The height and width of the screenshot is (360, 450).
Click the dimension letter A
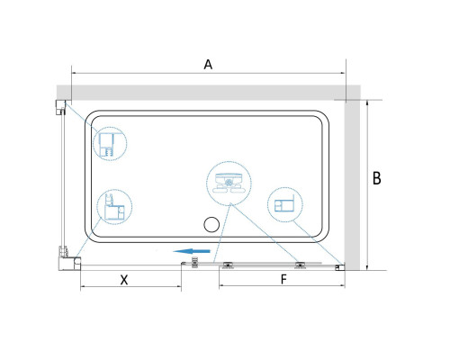pos(208,65)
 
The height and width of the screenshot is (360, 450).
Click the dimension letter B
pos(377,178)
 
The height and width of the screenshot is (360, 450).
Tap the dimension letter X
pos(124,280)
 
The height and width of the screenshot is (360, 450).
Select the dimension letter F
pos(283,279)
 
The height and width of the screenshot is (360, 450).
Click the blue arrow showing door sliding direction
pos(192,251)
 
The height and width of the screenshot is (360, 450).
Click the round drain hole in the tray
pos(211,225)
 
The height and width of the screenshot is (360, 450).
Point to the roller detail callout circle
pos(229,184)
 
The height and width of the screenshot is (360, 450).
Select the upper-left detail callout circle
pos(110,143)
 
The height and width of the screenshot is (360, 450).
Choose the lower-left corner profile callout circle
pos(114,207)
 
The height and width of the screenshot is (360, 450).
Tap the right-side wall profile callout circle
pos(285,204)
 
